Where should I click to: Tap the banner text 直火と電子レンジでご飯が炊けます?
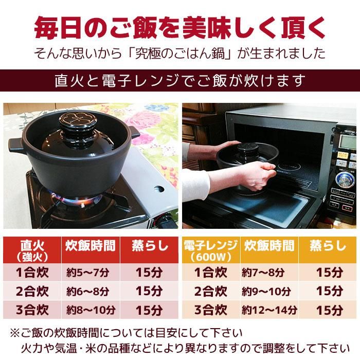(180, 81)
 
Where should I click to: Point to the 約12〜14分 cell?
(269, 310)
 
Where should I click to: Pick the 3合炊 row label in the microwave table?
(210, 310)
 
